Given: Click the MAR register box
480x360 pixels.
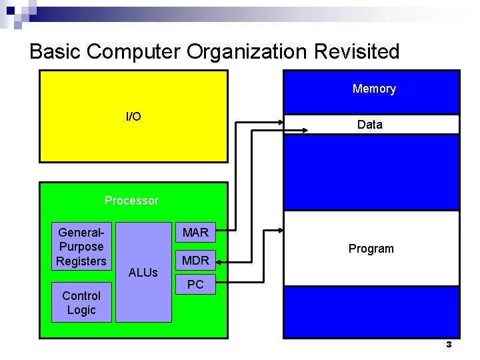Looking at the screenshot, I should click(195, 233).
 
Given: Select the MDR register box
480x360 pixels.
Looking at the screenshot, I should click(195, 260).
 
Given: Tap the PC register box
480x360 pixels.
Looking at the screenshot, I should click(195, 285).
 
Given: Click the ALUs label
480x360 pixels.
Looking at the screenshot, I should click(143, 272).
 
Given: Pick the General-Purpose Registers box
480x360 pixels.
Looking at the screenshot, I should click(81, 247).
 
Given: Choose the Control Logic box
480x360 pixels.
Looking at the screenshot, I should click(81, 303).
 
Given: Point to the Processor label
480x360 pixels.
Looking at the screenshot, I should click(131, 201).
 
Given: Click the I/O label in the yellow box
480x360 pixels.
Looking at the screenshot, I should click(133, 117).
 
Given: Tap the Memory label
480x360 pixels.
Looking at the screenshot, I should click(374, 89).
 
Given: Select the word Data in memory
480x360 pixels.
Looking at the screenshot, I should click(370, 125).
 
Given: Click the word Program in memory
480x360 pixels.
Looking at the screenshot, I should click(371, 249).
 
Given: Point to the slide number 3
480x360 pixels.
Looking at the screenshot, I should click(449, 345).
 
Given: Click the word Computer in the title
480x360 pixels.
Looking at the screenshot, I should click(134, 51).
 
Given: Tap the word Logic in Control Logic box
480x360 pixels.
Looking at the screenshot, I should click(81, 310).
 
